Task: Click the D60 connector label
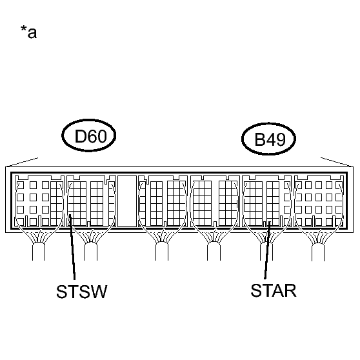point(91,136)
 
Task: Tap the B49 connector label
point(270,139)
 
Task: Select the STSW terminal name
point(82,292)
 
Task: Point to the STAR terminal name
point(274,290)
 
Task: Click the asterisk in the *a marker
point(23,29)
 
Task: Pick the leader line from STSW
point(72,247)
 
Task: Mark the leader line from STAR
point(268,250)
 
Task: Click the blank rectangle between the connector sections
point(127,201)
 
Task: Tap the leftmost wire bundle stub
point(39,251)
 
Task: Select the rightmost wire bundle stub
point(318,252)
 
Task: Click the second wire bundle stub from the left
point(91,251)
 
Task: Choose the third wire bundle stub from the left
point(162,251)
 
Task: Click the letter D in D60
point(80,136)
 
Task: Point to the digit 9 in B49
point(281,139)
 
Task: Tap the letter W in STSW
point(99,292)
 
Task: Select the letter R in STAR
point(290,291)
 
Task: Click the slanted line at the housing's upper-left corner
point(22,162)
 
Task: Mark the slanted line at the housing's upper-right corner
point(337,162)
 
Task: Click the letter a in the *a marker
point(32,34)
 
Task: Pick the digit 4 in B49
point(270,139)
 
